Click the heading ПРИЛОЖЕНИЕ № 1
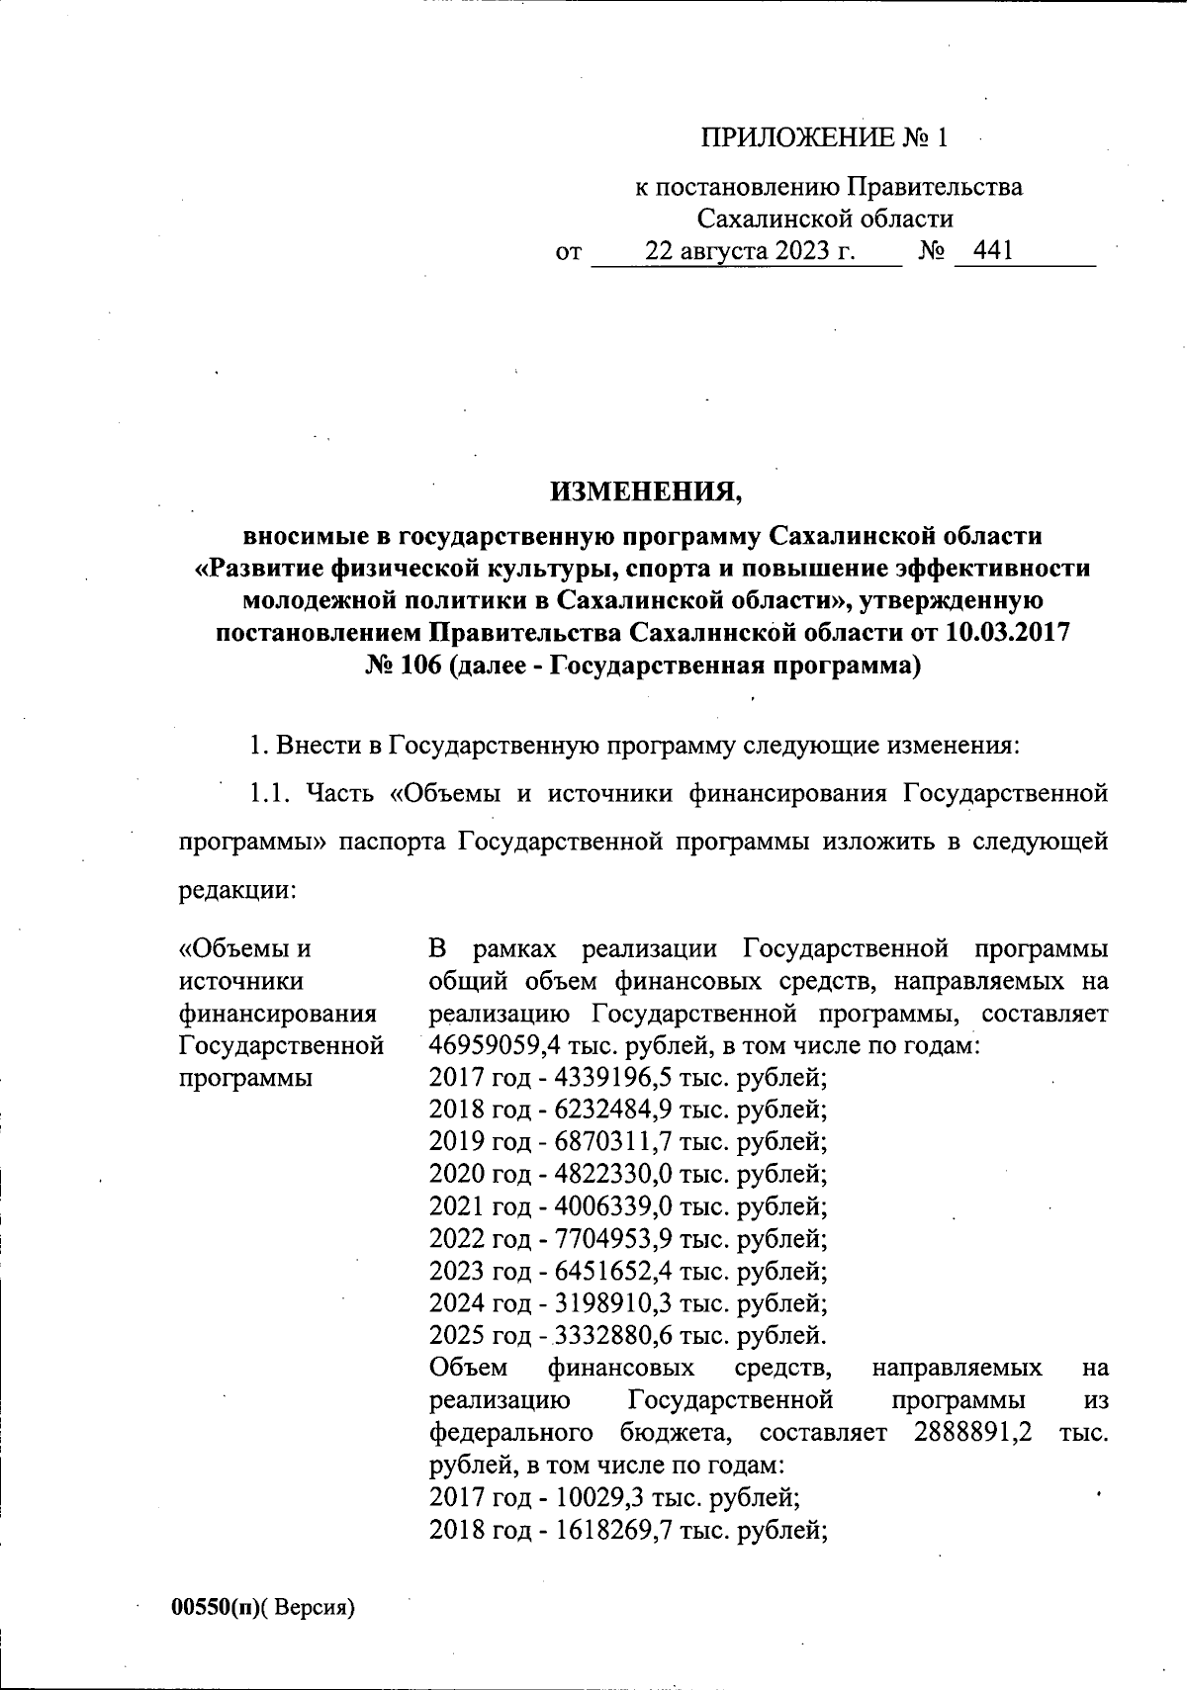click(x=824, y=138)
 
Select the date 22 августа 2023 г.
click(x=749, y=251)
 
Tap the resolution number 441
click(x=992, y=251)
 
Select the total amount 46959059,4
click(x=502, y=1044)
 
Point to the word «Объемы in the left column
click(x=243, y=948)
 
